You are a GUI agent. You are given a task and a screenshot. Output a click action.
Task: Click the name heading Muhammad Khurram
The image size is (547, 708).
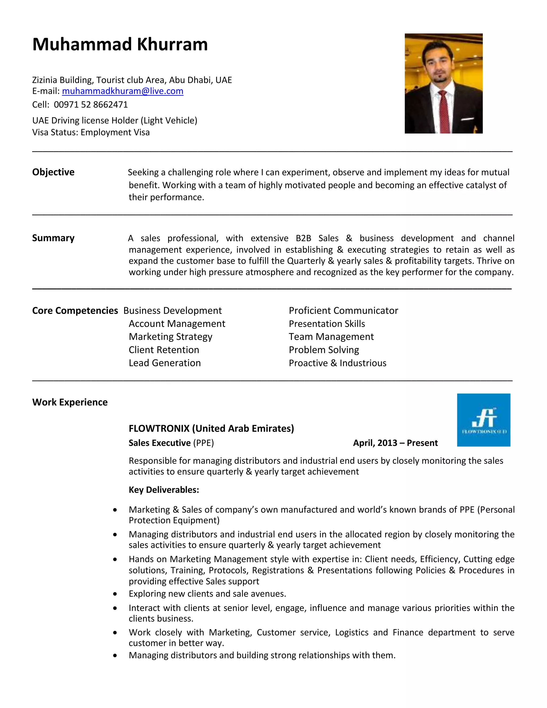(x=120, y=44)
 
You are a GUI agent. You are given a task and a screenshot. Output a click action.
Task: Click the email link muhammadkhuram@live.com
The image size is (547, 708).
(x=123, y=91)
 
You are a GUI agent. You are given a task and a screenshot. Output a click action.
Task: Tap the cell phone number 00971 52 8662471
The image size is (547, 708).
(x=91, y=105)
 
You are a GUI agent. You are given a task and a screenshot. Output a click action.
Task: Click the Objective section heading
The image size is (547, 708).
(x=53, y=172)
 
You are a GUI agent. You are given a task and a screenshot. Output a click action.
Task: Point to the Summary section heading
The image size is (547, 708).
(x=53, y=238)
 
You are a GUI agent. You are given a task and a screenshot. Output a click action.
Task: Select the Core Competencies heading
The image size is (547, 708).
(x=75, y=310)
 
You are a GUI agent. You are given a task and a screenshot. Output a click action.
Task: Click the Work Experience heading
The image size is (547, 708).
(x=70, y=402)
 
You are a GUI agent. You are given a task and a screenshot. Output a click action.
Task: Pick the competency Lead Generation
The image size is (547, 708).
(x=165, y=363)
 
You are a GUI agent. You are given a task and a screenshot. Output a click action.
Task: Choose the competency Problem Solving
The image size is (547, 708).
(x=324, y=350)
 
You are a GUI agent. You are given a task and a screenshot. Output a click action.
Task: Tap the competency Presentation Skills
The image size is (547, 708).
(x=327, y=324)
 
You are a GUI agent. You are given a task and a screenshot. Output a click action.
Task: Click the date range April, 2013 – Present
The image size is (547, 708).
(x=395, y=443)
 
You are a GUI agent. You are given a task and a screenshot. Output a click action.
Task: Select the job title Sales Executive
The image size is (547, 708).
(x=159, y=443)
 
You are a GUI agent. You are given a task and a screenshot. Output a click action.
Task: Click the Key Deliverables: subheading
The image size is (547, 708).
(x=164, y=490)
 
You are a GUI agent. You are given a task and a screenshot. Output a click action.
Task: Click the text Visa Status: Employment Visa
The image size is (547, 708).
(x=91, y=132)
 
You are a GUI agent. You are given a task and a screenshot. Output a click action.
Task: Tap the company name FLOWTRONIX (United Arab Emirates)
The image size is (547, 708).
(x=211, y=429)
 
